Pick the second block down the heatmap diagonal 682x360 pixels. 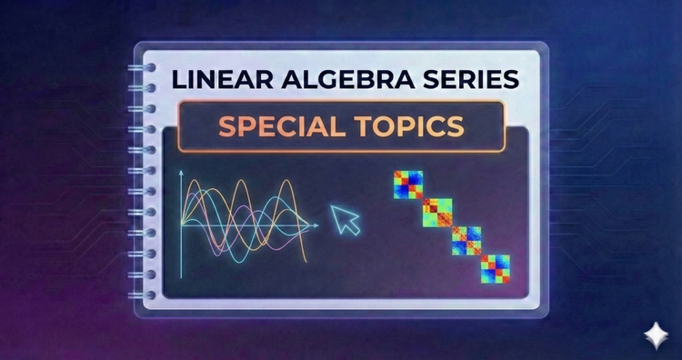coord(439,212)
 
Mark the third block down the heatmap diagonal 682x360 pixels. coord(466,240)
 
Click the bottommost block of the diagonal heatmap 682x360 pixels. coord(495,268)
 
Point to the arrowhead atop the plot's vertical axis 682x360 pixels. coord(181,172)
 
